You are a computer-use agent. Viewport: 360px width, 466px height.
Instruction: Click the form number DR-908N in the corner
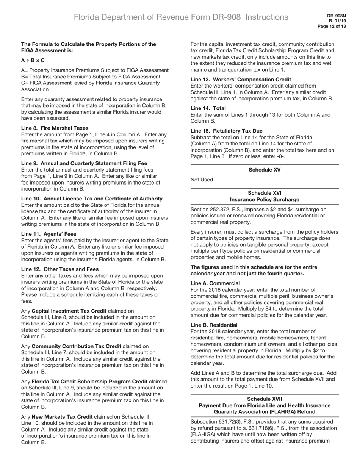point(337,16)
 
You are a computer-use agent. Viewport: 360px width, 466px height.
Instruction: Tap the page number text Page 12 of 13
point(332,26)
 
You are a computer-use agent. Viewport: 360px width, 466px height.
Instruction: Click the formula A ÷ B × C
point(33,60)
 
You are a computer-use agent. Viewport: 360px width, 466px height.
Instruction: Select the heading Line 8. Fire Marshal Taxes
point(55,128)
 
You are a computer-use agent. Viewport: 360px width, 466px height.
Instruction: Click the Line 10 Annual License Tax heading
point(92,199)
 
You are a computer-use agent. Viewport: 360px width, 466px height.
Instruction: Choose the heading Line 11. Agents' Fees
point(49,234)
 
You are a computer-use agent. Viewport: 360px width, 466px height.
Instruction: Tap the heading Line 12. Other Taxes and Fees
point(60,269)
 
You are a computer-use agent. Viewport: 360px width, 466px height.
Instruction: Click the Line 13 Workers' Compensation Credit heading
point(241,79)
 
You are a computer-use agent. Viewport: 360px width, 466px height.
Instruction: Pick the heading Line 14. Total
point(208,108)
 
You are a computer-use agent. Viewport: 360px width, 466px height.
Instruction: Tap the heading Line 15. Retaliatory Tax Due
point(226,131)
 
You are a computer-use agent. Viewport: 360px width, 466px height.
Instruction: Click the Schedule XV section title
point(265,170)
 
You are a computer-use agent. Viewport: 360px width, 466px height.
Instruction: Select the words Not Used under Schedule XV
point(202,180)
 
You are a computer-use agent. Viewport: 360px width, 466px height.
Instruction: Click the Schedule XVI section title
point(265,196)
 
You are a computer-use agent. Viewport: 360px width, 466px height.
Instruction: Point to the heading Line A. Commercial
point(215,283)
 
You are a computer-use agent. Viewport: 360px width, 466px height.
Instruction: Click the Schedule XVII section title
point(265,405)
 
